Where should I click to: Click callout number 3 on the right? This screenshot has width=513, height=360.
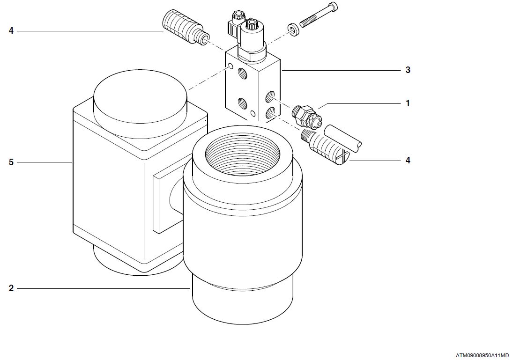pos(408,70)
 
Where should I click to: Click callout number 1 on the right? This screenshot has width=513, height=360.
pos(408,103)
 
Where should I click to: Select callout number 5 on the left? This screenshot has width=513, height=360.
pos(11,162)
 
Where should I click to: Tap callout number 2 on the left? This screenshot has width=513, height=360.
pos(11,288)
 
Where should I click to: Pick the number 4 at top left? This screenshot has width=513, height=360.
pos(11,31)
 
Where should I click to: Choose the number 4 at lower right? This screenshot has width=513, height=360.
pos(408,161)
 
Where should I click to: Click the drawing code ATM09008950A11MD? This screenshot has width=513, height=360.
pos(483,355)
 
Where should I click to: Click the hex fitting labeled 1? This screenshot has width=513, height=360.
pos(307,117)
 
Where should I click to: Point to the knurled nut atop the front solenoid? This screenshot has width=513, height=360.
pos(252,23)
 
